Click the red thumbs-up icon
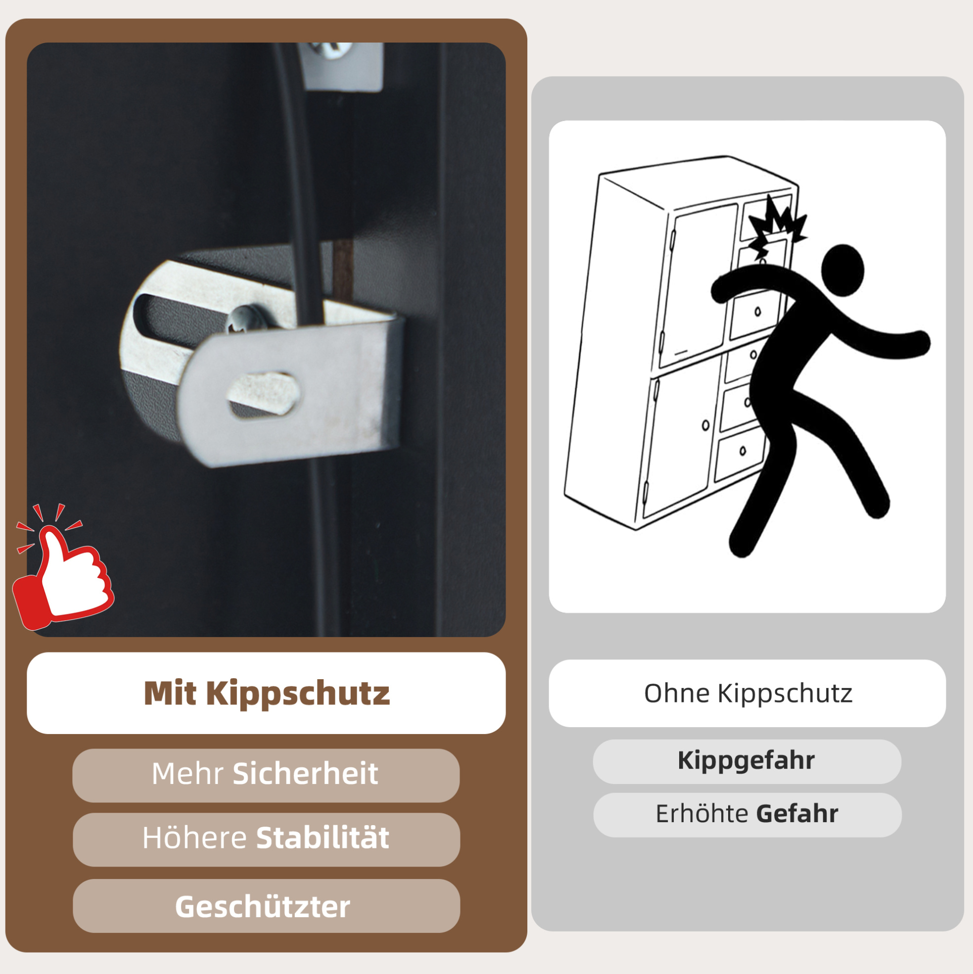pyautogui.click(x=63, y=570)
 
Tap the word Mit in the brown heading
pyautogui.click(x=170, y=693)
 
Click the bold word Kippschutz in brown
pyautogui.click(x=298, y=695)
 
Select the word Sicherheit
pyautogui.click(x=305, y=773)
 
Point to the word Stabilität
pyautogui.click(x=323, y=838)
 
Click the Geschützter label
pyautogui.click(x=263, y=907)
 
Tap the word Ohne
pyautogui.click(x=677, y=693)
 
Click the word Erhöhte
pyautogui.click(x=702, y=813)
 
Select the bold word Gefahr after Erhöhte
pyautogui.click(x=797, y=813)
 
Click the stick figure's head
pyautogui.click(x=842, y=271)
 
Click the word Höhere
pyautogui.click(x=194, y=838)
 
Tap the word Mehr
pyautogui.click(x=187, y=773)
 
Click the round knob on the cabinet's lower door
pyautogui.click(x=706, y=425)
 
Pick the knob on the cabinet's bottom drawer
pyautogui.click(x=742, y=450)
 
